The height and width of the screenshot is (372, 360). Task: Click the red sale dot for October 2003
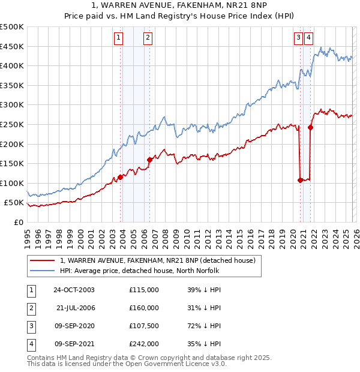121,177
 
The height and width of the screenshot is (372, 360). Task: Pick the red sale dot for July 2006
149,160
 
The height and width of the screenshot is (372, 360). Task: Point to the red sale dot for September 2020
300,180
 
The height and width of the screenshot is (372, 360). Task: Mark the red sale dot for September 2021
310,127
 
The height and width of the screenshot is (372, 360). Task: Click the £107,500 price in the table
144,326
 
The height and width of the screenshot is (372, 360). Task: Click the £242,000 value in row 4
144,344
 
